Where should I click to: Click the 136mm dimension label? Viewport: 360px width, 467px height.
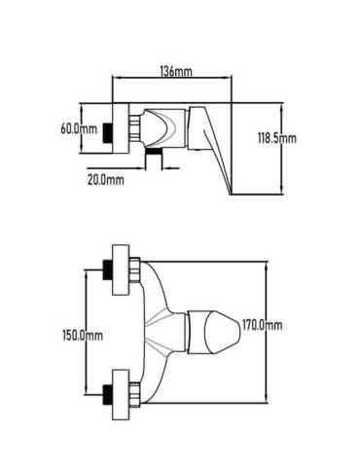(x=176, y=71)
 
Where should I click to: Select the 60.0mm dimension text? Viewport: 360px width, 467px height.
(x=79, y=128)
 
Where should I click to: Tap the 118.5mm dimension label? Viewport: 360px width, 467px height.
(x=277, y=138)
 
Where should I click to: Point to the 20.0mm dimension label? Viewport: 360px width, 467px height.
(x=106, y=179)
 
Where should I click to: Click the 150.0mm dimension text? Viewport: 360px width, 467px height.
(x=83, y=335)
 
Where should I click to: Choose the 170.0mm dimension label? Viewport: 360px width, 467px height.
(x=262, y=325)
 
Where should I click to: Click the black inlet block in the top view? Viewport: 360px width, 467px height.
(x=107, y=132)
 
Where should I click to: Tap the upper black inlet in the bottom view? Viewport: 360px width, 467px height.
(x=108, y=269)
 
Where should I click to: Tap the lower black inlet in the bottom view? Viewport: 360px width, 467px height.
(x=108, y=395)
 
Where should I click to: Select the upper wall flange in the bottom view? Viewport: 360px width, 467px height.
(x=121, y=270)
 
